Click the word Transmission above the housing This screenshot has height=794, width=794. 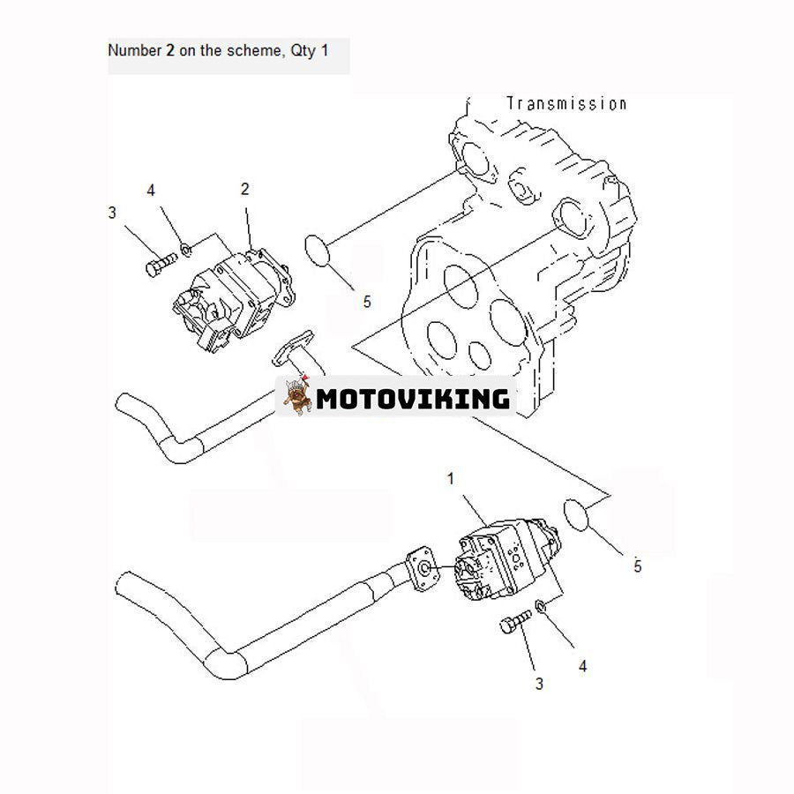pyautogui.click(x=566, y=103)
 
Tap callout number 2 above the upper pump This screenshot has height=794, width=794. pyautogui.click(x=244, y=189)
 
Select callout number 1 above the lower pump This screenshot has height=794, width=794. pyautogui.click(x=451, y=479)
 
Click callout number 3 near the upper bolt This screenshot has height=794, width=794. pyautogui.click(x=112, y=212)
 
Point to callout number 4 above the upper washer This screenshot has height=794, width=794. pyautogui.click(x=151, y=191)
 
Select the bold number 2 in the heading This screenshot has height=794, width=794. pyautogui.click(x=169, y=50)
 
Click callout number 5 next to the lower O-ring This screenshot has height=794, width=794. pyautogui.click(x=637, y=566)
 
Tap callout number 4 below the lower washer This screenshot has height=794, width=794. pyautogui.click(x=582, y=666)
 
